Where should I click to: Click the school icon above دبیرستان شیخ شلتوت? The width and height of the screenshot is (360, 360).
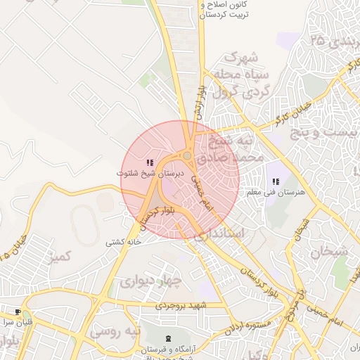coord(150,162)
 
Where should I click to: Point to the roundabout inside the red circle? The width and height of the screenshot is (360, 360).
coord(188,156)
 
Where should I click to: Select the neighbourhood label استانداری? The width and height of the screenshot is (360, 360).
coord(220,233)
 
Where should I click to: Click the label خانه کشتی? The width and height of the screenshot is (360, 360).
coord(124,242)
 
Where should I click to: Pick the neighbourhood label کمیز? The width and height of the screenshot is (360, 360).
coord(58,257)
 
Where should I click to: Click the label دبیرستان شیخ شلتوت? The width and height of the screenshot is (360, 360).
coord(150,172)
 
